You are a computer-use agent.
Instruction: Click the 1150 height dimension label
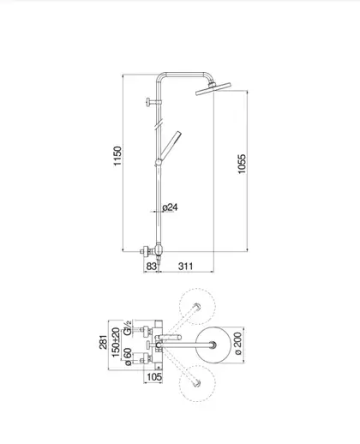point(117,156)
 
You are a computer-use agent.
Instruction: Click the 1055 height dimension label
point(242,164)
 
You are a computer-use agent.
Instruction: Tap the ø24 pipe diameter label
point(170,207)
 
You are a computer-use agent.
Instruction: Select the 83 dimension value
point(151,266)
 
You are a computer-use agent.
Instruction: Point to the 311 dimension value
point(186,266)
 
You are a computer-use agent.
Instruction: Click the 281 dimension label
point(104,342)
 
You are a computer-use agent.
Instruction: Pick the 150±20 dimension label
point(116,342)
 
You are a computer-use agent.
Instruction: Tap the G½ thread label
point(128,327)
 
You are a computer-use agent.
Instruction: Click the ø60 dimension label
point(128,357)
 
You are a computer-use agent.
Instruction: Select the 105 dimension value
point(154,377)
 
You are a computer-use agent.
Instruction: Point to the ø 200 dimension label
point(237,343)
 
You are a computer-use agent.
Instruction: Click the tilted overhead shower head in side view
point(213,88)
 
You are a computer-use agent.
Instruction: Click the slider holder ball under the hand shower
point(159,163)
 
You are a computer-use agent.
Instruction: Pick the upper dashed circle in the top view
point(197,306)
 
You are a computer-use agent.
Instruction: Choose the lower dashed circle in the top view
point(197,383)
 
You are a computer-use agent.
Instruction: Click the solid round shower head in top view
point(213,345)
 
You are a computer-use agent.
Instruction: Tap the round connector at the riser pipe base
point(159,249)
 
